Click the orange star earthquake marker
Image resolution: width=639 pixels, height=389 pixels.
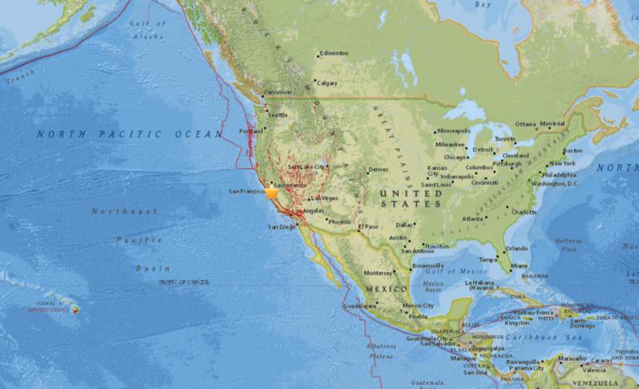point(271,192)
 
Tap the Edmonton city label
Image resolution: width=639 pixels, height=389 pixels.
point(334,55)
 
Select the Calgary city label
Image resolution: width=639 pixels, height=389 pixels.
point(327,82)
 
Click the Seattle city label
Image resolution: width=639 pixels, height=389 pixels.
point(277,115)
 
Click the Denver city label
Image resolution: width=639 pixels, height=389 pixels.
point(379,169)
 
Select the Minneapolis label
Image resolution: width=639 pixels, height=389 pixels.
point(454,132)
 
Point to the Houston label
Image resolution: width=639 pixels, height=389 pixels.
point(437,247)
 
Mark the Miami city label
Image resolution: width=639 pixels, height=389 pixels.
point(520,266)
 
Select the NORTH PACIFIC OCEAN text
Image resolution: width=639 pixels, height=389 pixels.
point(129,133)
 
